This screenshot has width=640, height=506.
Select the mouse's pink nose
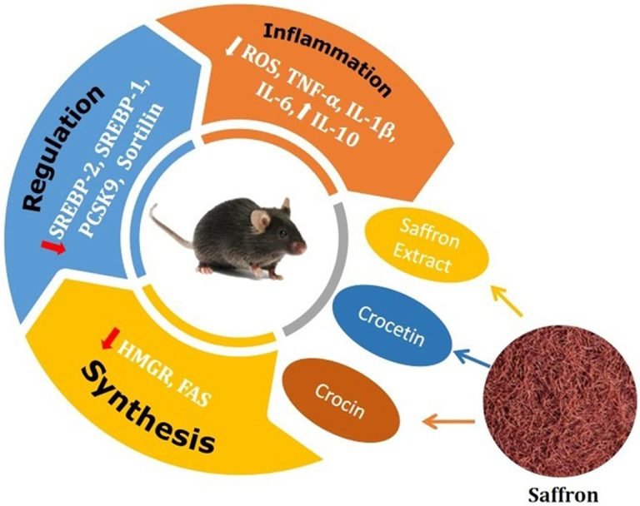302,247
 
